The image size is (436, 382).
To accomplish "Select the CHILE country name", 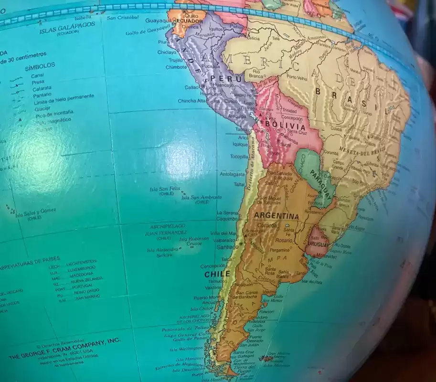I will point(217,274).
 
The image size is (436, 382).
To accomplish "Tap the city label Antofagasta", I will point(232,174).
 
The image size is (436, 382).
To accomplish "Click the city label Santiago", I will point(227,247).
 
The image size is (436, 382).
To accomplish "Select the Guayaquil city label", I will point(158,21).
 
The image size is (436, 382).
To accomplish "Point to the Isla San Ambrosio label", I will point(201,197).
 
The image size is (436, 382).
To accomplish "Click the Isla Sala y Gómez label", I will point(36,211).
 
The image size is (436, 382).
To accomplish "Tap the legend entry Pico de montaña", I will point(53,112).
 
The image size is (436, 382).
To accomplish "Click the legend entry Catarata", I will point(42,89).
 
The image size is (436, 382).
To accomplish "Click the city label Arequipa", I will point(237,116).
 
